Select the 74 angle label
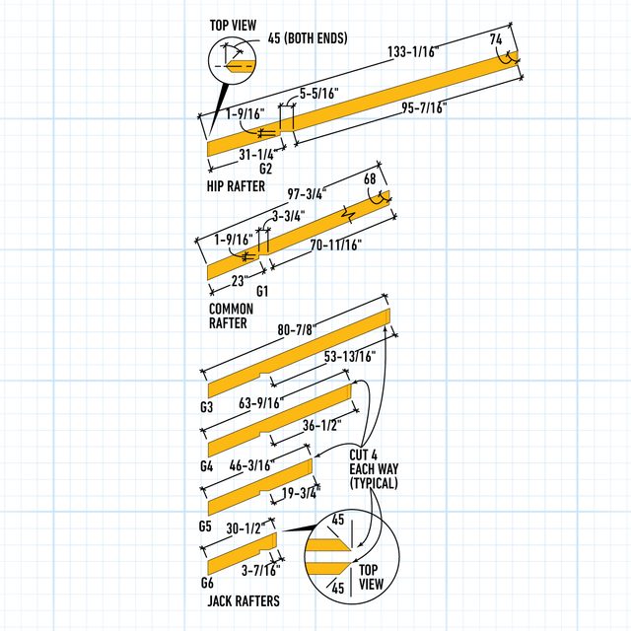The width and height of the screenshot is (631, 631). tap(496, 39)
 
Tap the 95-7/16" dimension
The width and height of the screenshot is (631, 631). tap(416, 107)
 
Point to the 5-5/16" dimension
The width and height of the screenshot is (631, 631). tap(319, 93)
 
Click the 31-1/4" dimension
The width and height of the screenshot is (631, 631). tap(256, 155)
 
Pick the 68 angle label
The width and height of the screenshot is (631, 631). tap(370, 179)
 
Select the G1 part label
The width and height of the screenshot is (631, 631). tap(262, 292)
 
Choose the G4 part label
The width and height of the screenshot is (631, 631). tap(206, 464)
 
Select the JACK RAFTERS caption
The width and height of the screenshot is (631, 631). tap(243, 600)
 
